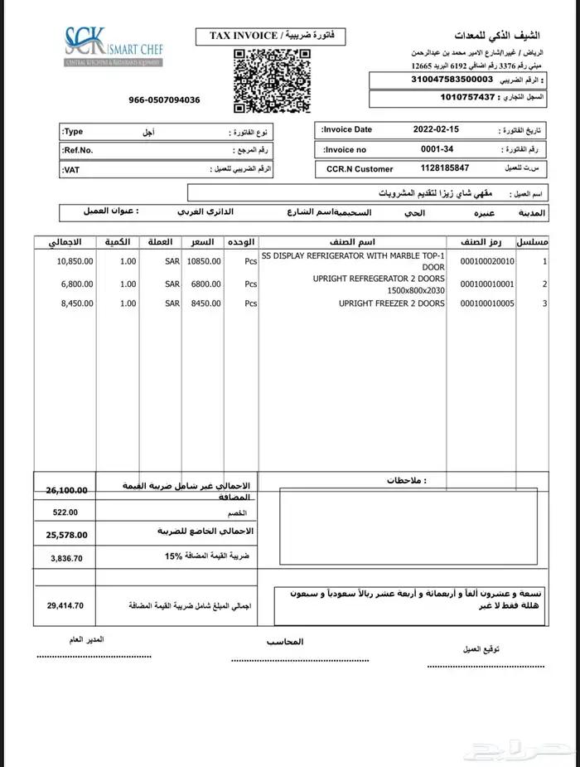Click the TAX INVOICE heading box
pos(270,36)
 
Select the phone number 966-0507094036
pos(164,100)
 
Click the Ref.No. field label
pos(79,150)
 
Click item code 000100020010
pos(488,261)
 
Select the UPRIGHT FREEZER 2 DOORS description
pos(391,303)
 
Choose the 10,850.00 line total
pos(75,261)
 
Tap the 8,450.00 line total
pos(77,303)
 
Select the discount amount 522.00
pos(65,512)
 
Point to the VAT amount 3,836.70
pos(66,558)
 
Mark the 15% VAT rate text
pos(172,556)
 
